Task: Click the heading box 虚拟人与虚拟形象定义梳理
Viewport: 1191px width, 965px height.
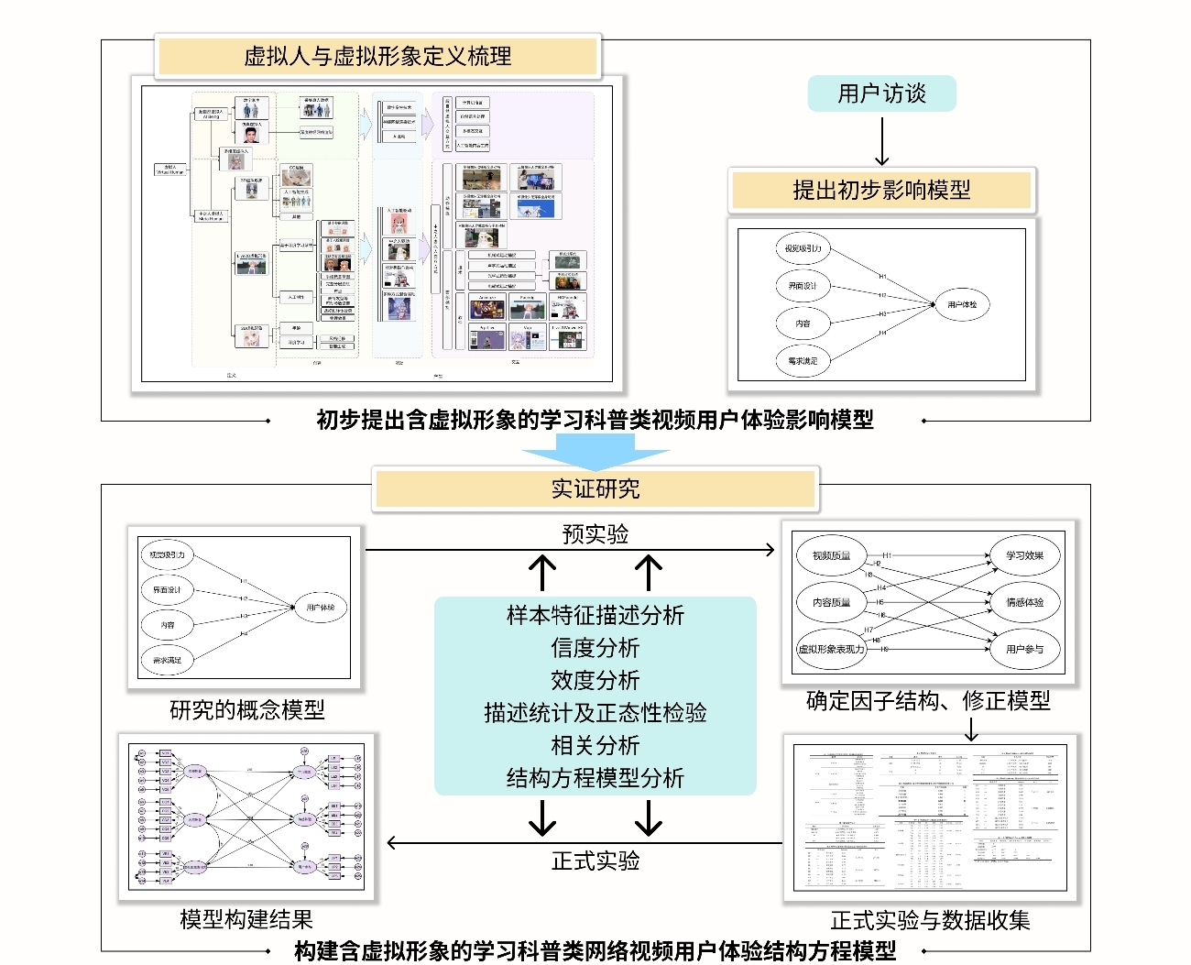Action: (377, 57)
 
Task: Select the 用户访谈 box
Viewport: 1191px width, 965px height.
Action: (881, 93)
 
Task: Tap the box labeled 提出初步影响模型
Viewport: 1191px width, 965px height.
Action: (881, 190)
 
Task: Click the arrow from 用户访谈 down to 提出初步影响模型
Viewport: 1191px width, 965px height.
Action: (881, 141)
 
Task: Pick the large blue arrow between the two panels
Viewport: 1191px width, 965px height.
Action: (595, 452)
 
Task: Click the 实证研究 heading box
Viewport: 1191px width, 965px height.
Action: (595, 488)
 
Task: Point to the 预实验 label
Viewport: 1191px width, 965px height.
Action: (595, 534)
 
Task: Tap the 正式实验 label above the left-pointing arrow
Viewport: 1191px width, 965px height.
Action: (595, 861)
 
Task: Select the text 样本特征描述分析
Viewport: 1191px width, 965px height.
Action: (595, 615)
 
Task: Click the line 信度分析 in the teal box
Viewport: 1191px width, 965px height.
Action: (595, 648)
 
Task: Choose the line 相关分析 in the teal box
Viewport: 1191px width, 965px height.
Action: (595, 745)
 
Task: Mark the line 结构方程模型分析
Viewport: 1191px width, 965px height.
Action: (595, 778)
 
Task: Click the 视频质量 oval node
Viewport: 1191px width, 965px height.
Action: (831, 555)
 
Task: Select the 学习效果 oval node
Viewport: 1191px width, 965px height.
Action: (1024, 555)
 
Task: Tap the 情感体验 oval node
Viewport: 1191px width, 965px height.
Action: (1024, 602)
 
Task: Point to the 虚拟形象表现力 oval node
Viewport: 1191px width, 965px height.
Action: (831, 649)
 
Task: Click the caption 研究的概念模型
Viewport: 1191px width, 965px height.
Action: (247, 710)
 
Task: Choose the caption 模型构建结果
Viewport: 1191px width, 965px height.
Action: (246, 919)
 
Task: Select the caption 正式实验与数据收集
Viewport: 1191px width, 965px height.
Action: (930, 920)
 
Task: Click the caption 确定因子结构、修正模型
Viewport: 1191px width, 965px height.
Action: (928, 701)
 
